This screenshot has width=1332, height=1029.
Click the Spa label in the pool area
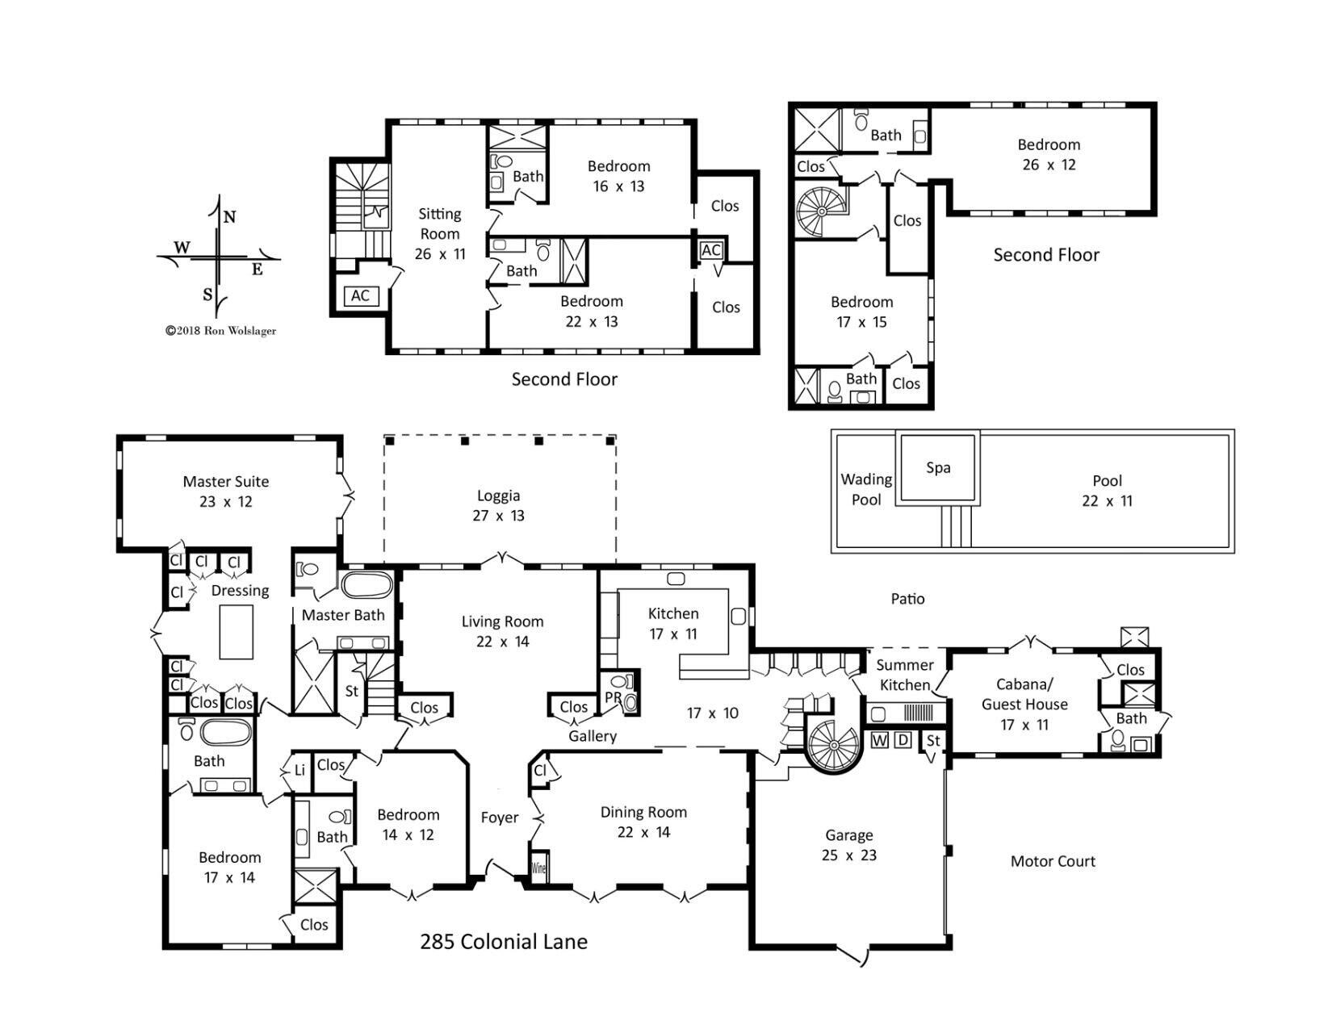(x=937, y=468)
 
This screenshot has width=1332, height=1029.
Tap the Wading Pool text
(x=866, y=490)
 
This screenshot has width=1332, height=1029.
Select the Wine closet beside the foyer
(x=538, y=869)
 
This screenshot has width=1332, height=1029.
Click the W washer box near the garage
(x=880, y=740)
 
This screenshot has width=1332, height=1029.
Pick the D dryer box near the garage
(x=903, y=740)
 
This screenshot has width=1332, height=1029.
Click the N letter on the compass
(x=229, y=217)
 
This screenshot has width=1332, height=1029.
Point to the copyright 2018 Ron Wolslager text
(x=220, y=330)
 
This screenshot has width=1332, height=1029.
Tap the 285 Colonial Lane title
(x=503, y=942)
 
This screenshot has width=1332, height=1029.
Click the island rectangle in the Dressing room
(x=237, y=633)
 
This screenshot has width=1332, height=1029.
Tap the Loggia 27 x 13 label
(x=498, y=506)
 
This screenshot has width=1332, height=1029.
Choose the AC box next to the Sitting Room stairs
(x=360, y=296)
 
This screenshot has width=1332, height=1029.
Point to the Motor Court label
(x=1053, y=861)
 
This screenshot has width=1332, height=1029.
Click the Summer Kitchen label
(x=905, y=675)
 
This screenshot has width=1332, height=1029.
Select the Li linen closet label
(x=299, y=771)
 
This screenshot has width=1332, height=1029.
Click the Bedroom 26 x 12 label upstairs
(x=1048, y=155)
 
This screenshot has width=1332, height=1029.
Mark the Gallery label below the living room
(x=592, y=736)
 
